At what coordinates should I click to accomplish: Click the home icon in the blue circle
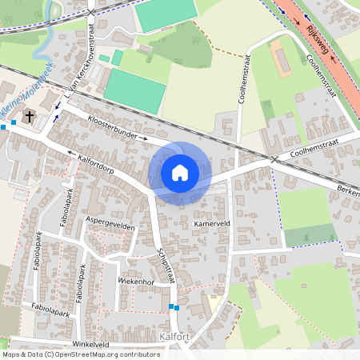179,172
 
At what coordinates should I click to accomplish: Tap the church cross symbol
30,117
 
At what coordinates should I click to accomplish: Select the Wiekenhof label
135,282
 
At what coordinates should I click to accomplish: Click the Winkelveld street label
90,344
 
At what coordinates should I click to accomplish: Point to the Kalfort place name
174,336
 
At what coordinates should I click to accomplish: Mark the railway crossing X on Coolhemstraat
274,159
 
